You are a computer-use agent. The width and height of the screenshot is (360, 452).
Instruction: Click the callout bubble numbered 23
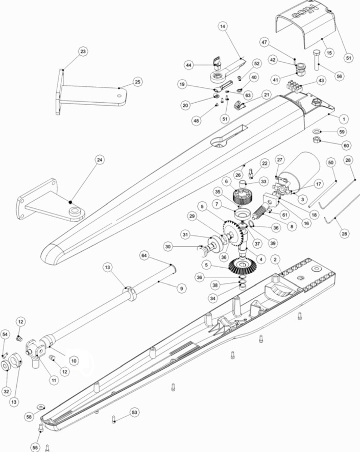tap(83, 51)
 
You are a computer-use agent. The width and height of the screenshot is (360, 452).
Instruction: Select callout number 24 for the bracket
tap(100, 160)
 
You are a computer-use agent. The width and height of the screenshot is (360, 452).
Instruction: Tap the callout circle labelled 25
tap(137, 82)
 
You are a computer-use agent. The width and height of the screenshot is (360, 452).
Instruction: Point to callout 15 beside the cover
tap(329, 53)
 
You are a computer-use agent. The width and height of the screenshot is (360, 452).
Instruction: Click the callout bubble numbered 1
tap(344, 118)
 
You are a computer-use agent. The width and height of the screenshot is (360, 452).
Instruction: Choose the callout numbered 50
tap(331, 162)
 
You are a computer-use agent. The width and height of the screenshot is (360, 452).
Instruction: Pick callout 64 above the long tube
tap(145, 255)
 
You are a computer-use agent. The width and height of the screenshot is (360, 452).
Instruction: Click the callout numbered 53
tap(134, 412)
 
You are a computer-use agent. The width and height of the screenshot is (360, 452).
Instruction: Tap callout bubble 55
tap(35, 447)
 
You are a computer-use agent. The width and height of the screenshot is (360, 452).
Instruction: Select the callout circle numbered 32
tap(6, 391)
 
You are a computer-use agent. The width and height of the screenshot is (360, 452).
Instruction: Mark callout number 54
tap(6, 334)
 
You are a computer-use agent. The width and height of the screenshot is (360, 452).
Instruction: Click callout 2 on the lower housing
tap(275, 259)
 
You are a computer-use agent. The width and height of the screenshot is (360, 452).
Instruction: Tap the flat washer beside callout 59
tap(316, 131)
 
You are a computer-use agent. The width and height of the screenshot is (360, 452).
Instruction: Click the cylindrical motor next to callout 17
tap(304, 171)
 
